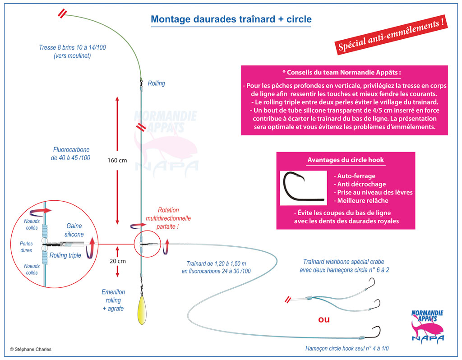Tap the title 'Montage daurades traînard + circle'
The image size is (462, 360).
click(231, 19)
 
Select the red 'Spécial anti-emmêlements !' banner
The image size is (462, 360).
click(391, 34)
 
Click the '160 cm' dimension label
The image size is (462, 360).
click(117, 160)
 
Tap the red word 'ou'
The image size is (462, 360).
click(324, 319)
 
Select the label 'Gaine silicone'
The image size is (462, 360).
click(75, 230)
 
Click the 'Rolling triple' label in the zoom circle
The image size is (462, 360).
click(65, 255)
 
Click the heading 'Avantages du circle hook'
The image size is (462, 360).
click(346, 160)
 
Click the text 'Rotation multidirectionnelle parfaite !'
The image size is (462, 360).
click(168, 218)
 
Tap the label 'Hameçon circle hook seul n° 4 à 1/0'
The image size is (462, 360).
click(347, 348)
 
